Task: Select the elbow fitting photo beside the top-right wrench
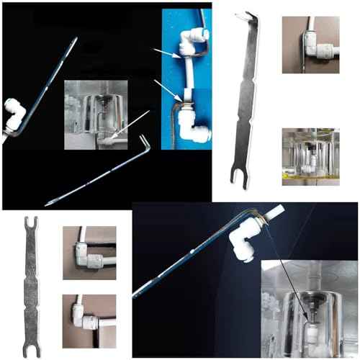click(x=310, y=45)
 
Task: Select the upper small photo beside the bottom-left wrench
click(x=89, y=253)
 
